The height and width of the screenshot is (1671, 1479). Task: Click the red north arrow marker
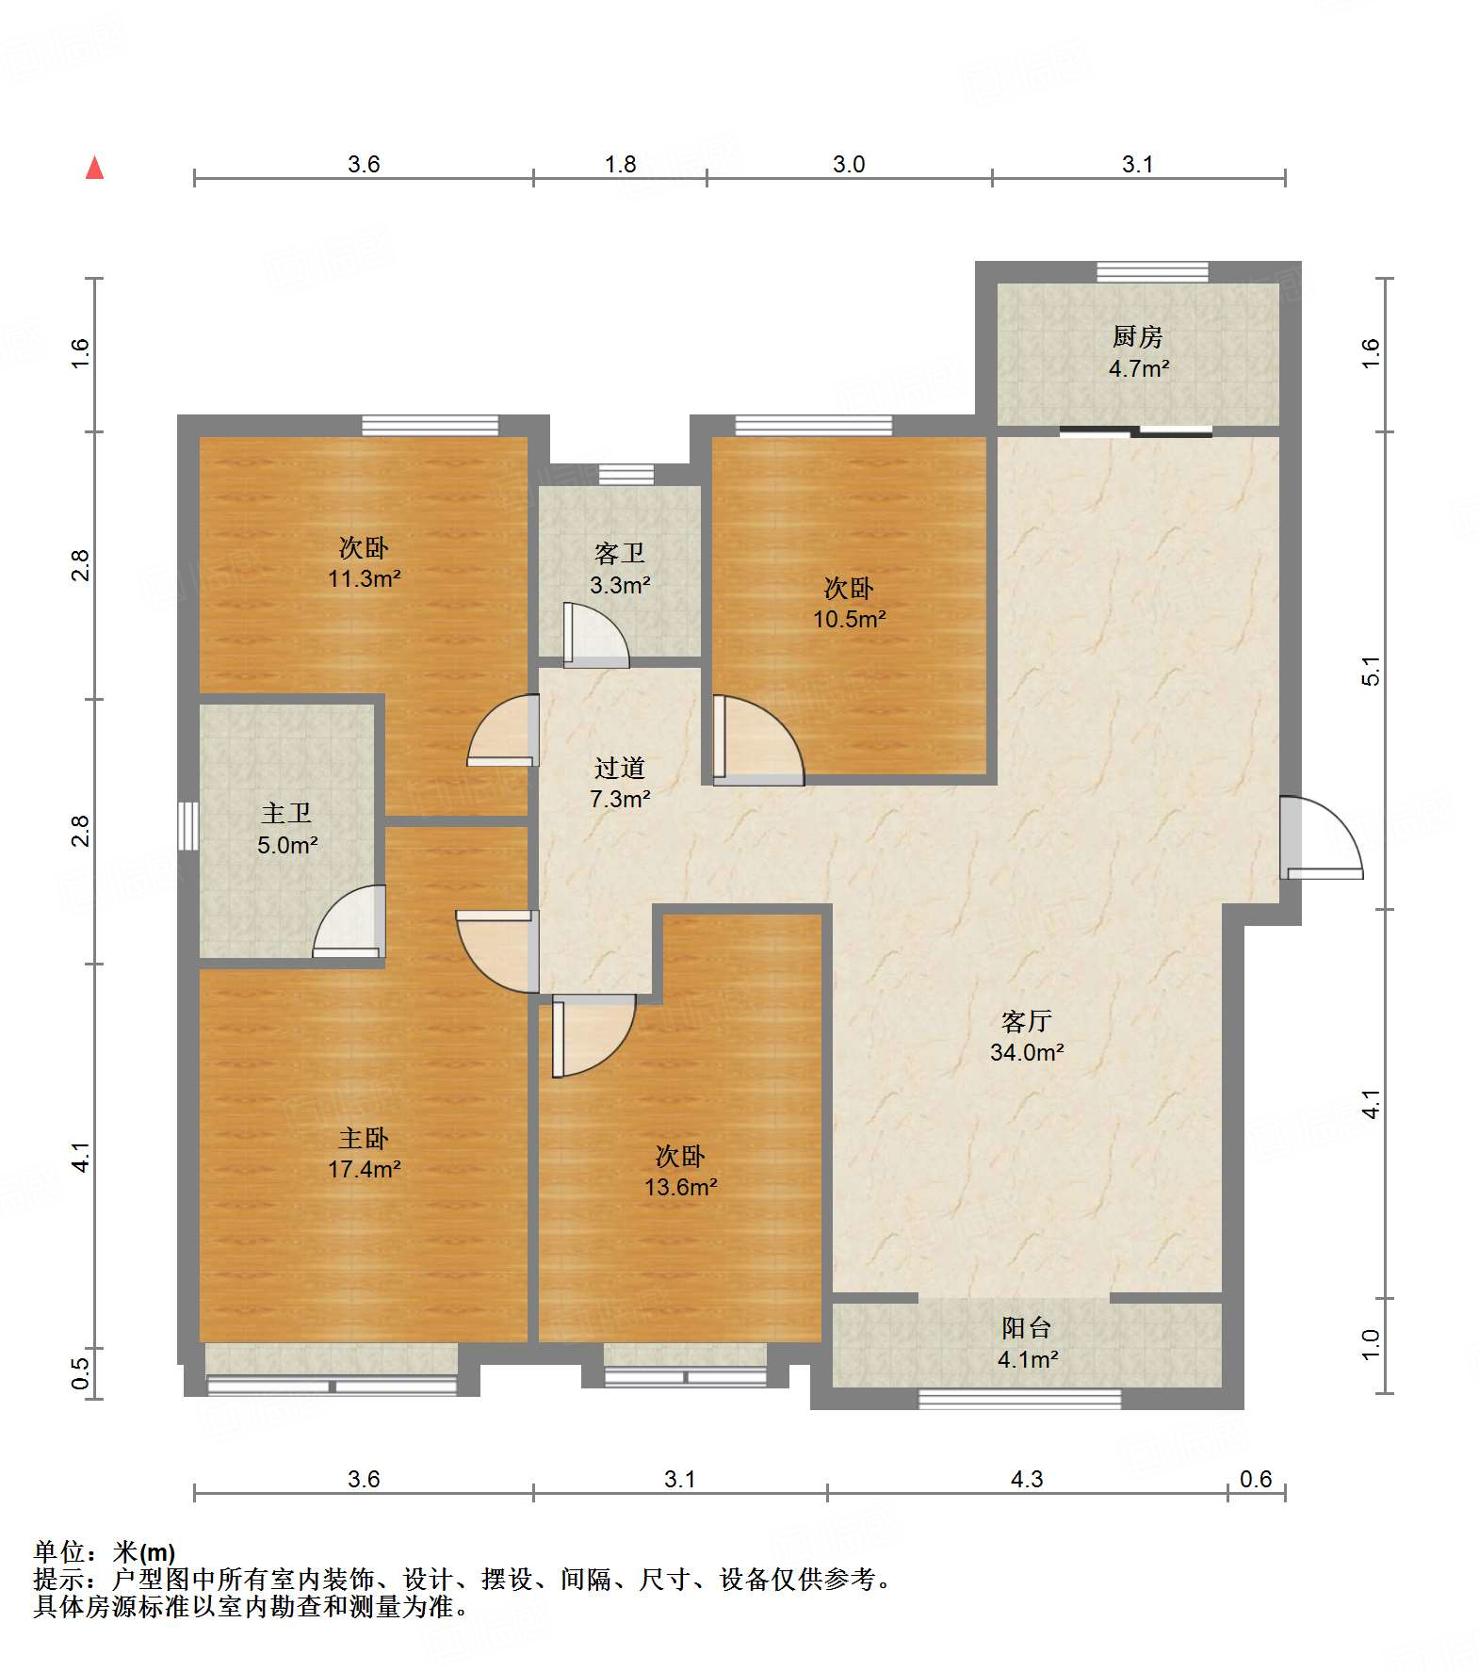94,168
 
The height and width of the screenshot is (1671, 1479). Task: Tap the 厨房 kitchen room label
1137,336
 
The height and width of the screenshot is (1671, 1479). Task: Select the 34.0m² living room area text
1027,1052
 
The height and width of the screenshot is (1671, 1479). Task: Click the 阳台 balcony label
1027,1328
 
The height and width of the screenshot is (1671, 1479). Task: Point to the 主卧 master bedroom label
364,1138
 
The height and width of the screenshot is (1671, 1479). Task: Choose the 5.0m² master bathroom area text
287,845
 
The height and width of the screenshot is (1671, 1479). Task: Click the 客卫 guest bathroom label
620,553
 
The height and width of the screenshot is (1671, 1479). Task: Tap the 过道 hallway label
620,768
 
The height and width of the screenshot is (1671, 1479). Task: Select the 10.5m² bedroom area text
850,619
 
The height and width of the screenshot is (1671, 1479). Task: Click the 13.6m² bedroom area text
680,1187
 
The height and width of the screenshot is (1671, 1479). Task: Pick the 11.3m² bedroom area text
364,578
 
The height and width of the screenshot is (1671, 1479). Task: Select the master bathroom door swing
349,922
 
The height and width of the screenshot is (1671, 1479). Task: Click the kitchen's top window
1152,271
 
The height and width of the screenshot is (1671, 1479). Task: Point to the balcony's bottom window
1019,1399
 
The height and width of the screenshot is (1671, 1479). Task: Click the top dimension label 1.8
620,164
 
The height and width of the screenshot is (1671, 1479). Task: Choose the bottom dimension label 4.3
1027,1479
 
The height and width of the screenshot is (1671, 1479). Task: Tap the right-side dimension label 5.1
1371,671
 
